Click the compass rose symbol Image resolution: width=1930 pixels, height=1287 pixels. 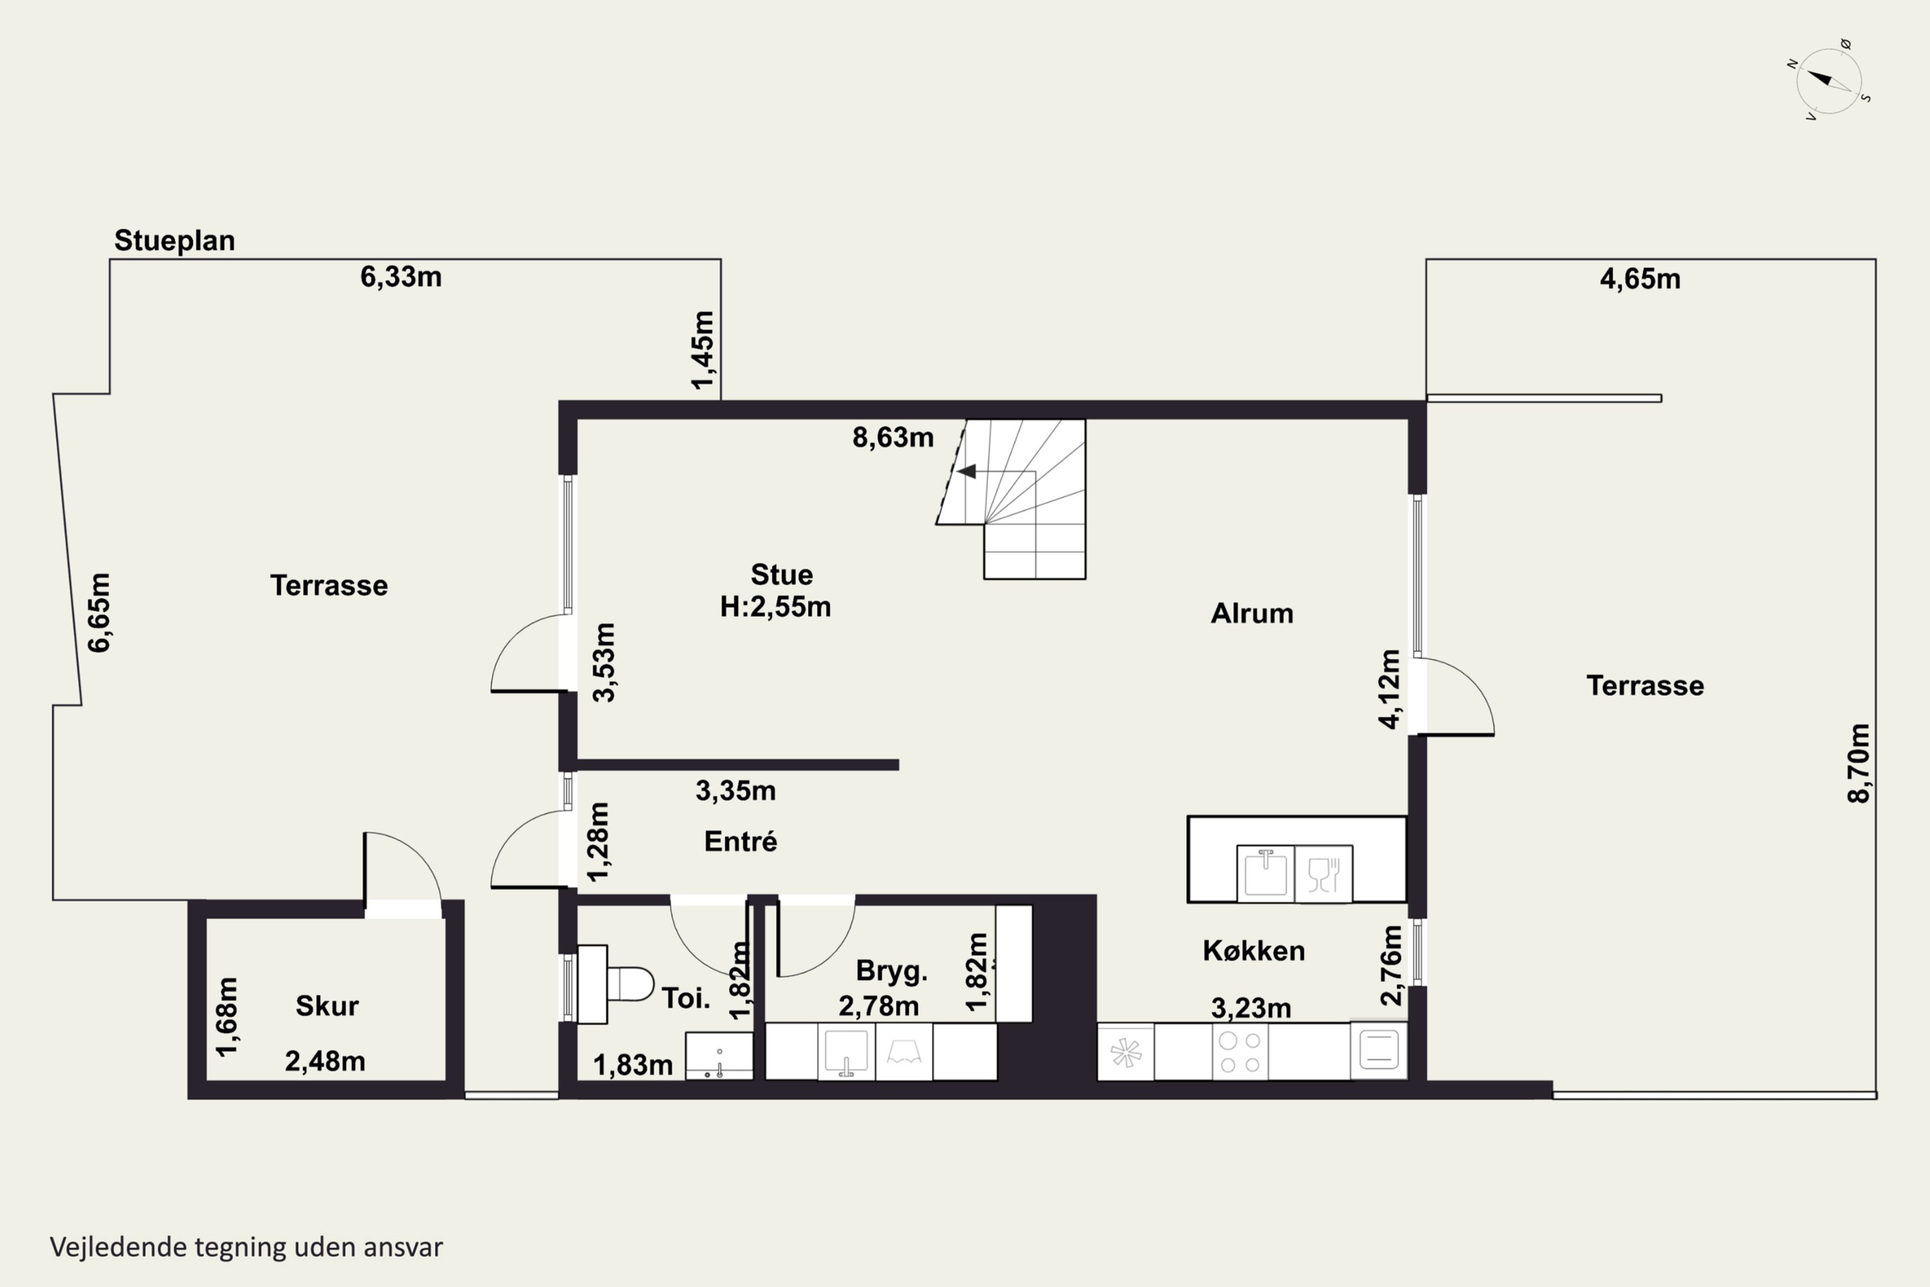[1829, 80]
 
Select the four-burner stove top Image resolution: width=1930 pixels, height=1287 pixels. [1240, 1052]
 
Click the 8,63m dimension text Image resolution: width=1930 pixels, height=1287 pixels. [893, 438]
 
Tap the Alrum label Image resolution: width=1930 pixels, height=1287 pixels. [1252, 613]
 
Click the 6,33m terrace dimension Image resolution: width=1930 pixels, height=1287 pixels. [401, 277]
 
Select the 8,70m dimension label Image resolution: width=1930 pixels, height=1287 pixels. [1859, 763]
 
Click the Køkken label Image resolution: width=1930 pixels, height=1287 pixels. [1254, 950]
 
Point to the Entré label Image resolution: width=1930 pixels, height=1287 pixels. [741, 841]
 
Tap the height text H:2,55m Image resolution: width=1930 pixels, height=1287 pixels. [775, 607]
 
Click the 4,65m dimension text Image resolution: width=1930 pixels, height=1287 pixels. [1640, 279]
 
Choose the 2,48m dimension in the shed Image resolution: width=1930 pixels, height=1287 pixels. [325, 1061]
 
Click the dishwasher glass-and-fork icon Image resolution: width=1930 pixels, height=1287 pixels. [1323, 875]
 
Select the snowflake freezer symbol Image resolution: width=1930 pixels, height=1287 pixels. [1126, 1052]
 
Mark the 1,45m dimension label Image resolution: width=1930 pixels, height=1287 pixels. [703, 351]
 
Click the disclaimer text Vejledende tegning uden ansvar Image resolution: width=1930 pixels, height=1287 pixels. [246, 1247]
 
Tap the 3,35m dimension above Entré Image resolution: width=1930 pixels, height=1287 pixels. [736, 790]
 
